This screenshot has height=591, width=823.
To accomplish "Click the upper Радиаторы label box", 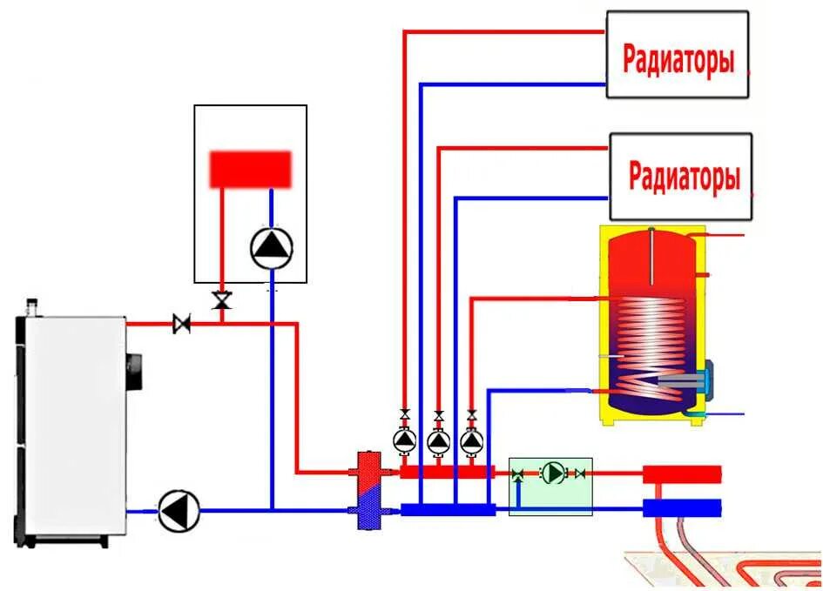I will pos(677,54).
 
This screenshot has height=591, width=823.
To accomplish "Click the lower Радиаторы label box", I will pos(680,176).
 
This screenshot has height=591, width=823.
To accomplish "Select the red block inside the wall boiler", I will pos(250,169).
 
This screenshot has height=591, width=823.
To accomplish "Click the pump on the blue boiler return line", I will pos(179,510).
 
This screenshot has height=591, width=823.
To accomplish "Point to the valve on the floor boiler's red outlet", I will pos(182,325).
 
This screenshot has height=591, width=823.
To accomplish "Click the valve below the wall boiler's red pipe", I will pos(221,301).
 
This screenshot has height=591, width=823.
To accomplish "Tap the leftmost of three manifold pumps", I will pos(404,441).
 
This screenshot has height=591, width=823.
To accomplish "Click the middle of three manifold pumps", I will pos(438,441).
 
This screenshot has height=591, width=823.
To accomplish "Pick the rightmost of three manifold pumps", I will pos(471,441).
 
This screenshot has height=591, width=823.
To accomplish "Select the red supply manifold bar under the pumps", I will pos(447,472).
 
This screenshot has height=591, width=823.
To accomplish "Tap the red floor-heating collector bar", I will pos(682,474).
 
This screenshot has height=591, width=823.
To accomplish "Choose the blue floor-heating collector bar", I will pos(682,507).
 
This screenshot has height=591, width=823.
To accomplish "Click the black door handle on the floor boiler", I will pos(134,372).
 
